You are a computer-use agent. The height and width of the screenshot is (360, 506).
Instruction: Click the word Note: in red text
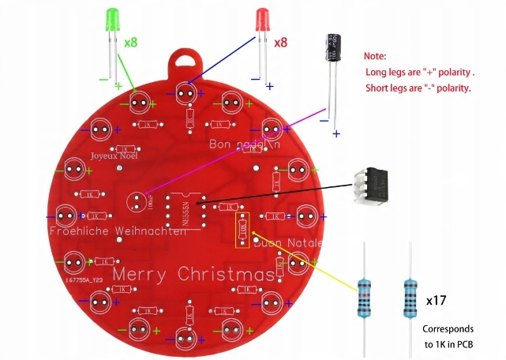tap(375, 56)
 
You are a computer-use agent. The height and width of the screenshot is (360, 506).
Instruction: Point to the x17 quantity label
tap(437, 301)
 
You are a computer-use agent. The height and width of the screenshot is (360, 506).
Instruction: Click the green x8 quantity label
tap(131, 42)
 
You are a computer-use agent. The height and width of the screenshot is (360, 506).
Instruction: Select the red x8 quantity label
tap(280, 42)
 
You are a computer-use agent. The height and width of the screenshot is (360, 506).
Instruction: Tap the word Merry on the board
tap(140, 274)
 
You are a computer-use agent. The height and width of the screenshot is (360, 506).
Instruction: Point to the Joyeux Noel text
tap(114, 156)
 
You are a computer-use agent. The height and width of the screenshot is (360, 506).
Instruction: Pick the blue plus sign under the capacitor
tap(336, 133)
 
